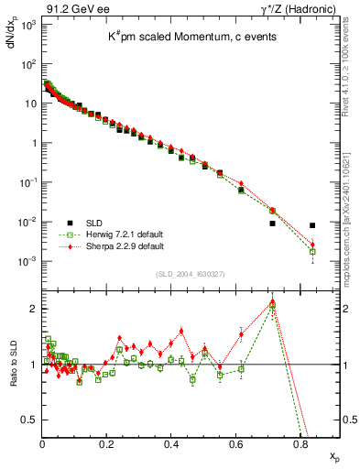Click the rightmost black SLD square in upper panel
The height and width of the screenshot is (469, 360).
313,225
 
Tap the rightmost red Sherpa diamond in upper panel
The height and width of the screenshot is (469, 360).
313,245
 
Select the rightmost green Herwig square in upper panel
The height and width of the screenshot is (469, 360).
313,251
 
